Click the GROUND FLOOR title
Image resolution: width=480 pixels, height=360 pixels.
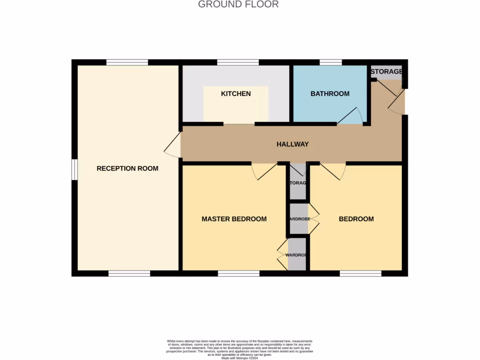click(238, 5)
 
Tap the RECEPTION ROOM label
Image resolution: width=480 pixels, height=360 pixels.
click(127, 168)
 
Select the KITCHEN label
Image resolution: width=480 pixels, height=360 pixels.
click(236, 94)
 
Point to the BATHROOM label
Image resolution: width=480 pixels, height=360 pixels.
click(330, 94)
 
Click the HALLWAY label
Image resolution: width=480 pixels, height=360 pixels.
click(292, 144)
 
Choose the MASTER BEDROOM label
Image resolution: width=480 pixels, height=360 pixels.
click(234, 219)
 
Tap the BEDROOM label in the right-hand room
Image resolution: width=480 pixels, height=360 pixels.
click(356, 219)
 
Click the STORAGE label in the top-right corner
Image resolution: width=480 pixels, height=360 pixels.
click(386, 72)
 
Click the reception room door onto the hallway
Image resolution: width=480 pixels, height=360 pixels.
click(172, 145)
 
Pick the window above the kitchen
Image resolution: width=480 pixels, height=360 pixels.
click(238, 62)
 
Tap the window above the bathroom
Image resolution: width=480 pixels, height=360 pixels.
click(330, 62)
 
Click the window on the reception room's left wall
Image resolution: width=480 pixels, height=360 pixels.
click(75, 169)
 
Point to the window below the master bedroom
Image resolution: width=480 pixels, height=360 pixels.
click(239, 273)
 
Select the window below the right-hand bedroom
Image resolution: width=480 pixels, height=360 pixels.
click(360, 273)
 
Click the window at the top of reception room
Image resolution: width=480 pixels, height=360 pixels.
click(127, 62)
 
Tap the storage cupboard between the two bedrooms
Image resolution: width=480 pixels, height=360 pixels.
click(298, 183)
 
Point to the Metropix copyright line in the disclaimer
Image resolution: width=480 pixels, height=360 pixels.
click(239, 358)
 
